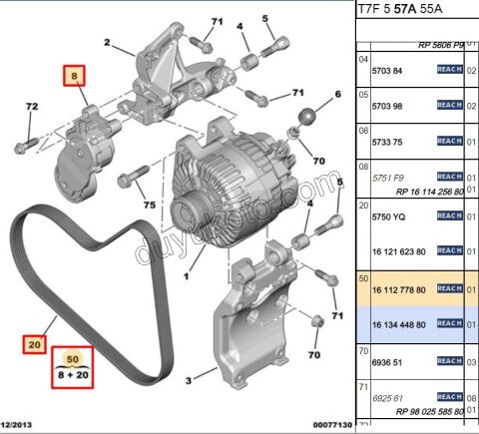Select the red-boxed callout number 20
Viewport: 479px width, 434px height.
pyautogui.click(x=36, y=344)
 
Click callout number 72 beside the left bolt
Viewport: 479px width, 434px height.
pyautogui.click(x=31, y=106)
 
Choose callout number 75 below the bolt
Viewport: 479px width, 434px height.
pyautogui.click(x=148, y=205)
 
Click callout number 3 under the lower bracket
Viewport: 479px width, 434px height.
pyautogui.click(x=189, y=381)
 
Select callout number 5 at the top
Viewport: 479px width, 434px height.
pyautogui.click(x=266, y=18)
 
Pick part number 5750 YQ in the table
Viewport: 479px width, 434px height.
pyautogui.click(x=389, y=216)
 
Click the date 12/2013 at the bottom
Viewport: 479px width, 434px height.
pyautogui.click(x=19, y=426)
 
